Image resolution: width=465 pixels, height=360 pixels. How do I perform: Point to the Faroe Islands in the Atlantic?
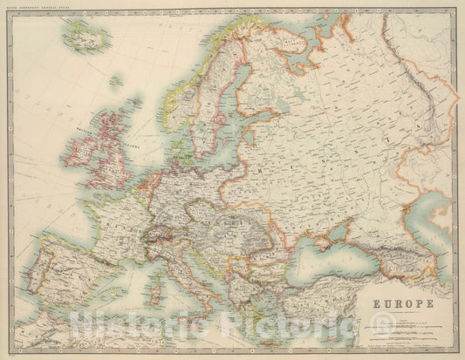coord(115,82)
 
